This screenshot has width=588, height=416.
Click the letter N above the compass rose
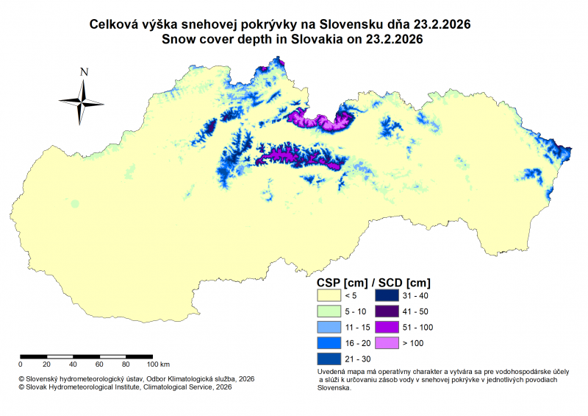point(84,72)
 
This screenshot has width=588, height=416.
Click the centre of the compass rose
point(82,102)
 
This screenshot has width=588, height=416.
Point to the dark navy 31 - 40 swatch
point(390,295)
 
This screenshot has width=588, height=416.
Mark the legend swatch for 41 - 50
point(390,311)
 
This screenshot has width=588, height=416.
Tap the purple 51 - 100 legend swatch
point(390,327)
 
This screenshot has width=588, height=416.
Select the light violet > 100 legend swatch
point(390,342)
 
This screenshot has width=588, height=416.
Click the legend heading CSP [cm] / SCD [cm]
point(373,282)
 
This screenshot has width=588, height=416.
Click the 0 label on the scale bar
point(21,364)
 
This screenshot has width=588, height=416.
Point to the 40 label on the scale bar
point(73,364)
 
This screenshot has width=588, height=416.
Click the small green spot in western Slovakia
point(74,203)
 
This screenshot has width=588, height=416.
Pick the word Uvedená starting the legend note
point(333,373)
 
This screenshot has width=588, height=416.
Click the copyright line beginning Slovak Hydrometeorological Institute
point(125,386)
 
